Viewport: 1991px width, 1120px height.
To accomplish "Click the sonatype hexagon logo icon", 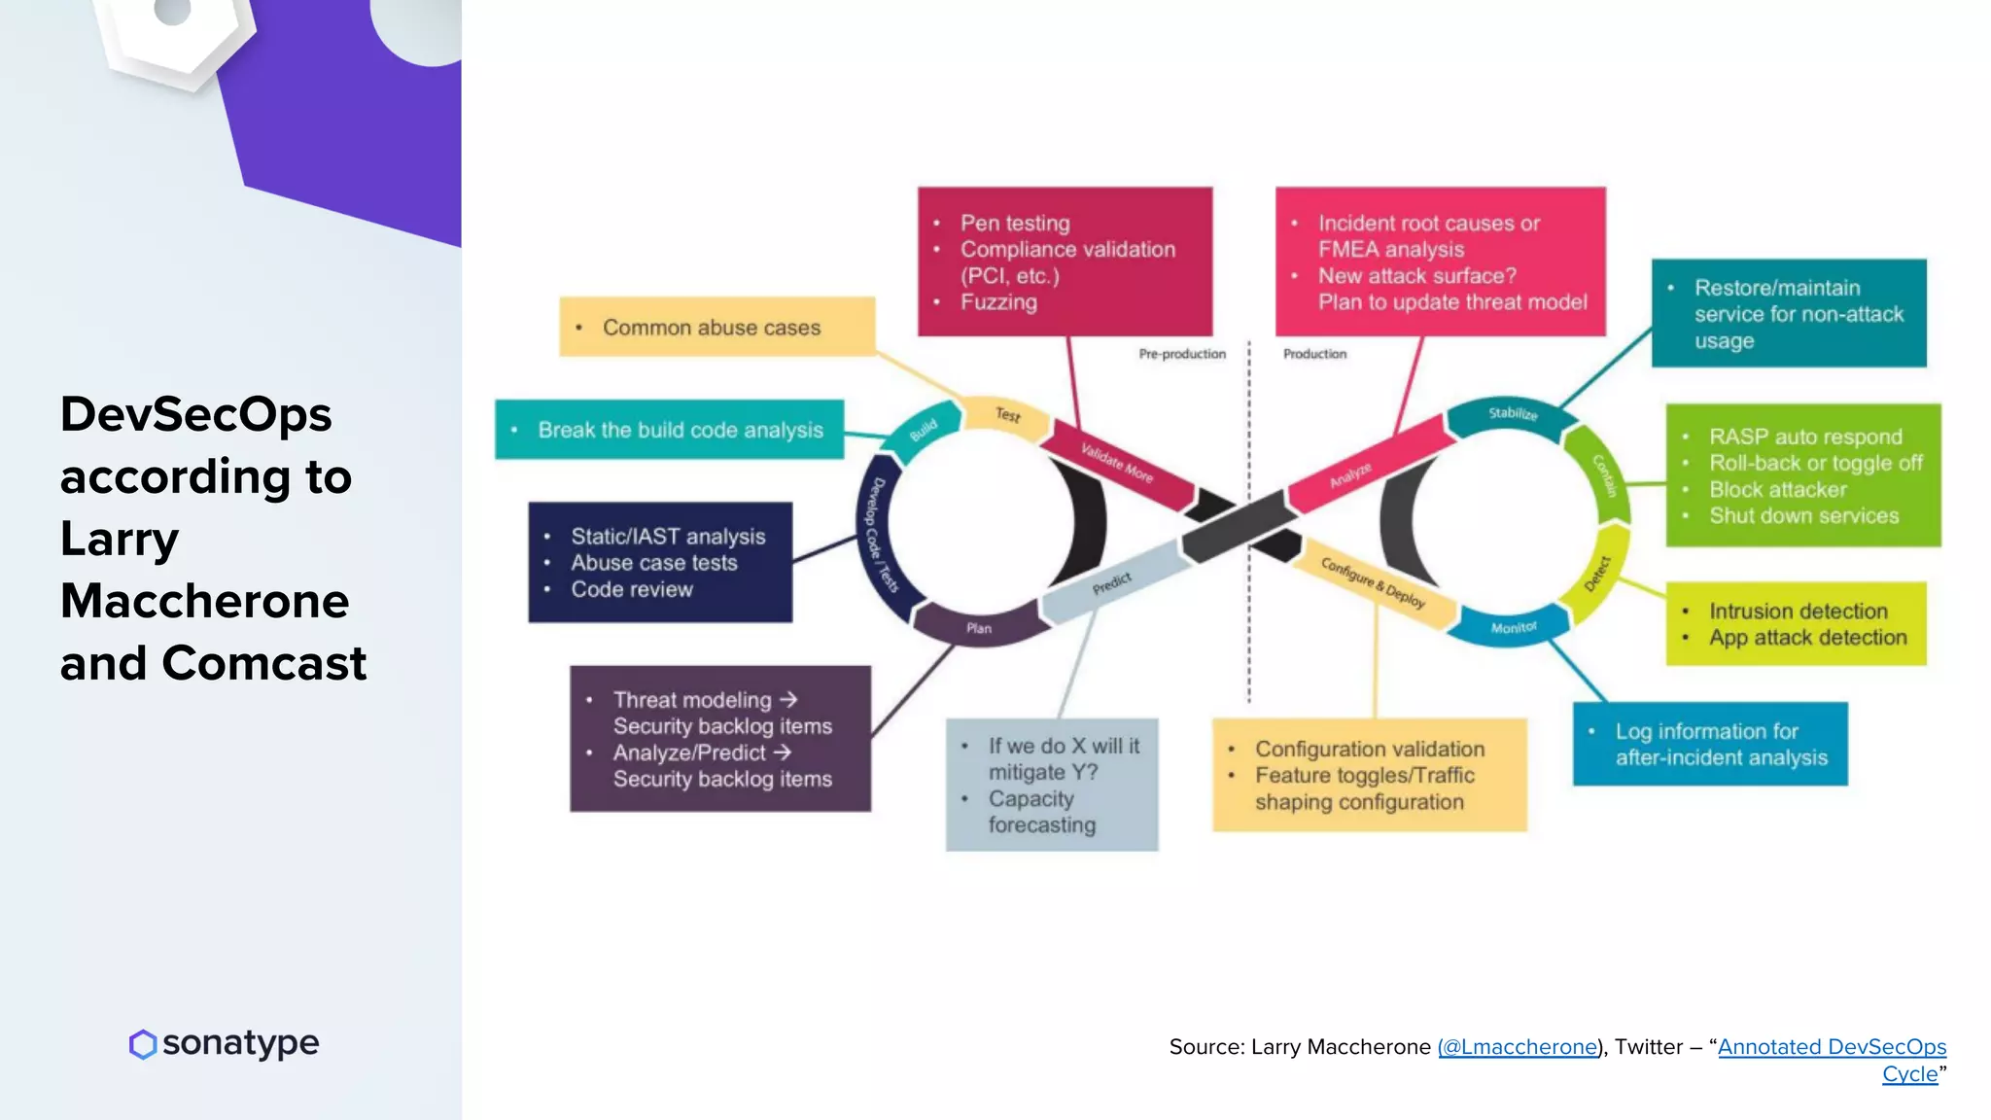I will (x=143, y=1044).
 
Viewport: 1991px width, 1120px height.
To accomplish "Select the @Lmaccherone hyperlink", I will (x=1518, y=1047).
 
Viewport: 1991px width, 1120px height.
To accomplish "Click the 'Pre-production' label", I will (x=1182, y=354).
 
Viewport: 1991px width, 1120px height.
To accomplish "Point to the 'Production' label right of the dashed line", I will (x=1314, y=354).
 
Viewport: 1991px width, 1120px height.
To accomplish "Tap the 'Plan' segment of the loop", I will (x=979, y=628).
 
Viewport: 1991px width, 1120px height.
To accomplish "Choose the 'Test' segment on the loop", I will (x=1008, y=415).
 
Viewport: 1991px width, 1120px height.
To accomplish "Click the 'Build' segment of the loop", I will (x=924, y=429).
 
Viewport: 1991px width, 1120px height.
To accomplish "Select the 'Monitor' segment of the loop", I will (x=1514, y=628).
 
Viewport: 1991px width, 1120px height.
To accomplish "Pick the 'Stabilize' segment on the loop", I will (x=1513, y=414).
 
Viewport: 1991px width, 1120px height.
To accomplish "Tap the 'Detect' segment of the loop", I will (x=1597, y=574).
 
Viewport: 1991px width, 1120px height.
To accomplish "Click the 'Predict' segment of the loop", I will (x=1111, y=583).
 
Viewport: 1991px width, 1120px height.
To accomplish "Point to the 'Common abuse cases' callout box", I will (x=716, y=328).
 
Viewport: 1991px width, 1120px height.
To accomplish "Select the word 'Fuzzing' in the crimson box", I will (x=998, y=302).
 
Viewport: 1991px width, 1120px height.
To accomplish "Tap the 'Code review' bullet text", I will (x=632, y=589).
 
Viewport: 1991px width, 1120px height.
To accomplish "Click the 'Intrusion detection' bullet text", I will (x=1799, y=612).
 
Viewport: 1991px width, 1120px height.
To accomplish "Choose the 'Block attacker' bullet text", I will (x=1778, y=490).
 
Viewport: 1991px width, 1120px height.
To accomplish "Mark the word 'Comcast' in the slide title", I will (x=264, y=663).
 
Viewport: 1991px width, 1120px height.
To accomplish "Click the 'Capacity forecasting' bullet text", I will (x=1040, y=812).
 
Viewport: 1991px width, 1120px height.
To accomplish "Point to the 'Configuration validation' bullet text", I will (x=1370, y=750).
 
